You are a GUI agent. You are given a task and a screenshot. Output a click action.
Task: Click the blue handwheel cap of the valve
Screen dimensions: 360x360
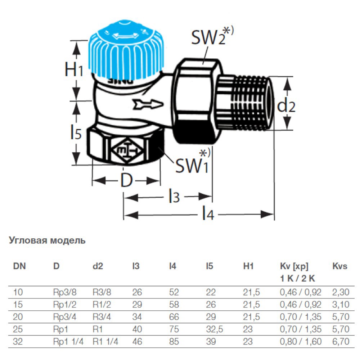[126, 51]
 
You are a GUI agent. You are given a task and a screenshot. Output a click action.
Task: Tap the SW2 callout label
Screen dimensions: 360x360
[212, 36]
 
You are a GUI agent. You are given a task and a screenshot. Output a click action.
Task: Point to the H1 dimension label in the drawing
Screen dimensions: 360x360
[73, 69]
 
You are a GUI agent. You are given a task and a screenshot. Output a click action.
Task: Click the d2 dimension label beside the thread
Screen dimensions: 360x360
[286, 106]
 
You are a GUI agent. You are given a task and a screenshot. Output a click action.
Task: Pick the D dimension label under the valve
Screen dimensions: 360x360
[126, 180]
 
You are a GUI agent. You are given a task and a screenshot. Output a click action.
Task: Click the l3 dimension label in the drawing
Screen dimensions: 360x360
[174, 196]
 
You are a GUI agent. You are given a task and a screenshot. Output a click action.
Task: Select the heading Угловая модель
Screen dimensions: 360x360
[47, 240]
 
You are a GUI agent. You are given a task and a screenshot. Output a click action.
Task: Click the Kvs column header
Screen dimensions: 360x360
[340, 266]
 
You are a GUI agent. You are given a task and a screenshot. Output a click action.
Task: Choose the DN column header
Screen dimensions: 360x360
[19, 266]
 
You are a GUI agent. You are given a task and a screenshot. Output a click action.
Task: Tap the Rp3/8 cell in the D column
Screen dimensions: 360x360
[65, 292]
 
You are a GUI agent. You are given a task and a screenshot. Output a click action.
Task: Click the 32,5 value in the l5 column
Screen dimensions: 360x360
[215, 329]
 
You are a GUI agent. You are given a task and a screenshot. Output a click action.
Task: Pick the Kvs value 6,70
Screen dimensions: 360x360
[341, 342]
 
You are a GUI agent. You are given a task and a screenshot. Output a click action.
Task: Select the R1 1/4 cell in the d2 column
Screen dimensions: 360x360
[105, 342]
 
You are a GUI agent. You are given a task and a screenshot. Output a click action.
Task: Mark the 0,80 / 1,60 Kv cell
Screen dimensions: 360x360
[301, 342]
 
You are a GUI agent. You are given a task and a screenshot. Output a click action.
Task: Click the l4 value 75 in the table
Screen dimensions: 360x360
[174, 329]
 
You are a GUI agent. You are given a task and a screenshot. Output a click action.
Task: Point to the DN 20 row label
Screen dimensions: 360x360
[18, 317]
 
